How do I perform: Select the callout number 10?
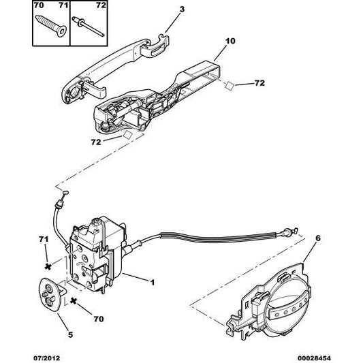[230, 41]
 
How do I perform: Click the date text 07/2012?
[44, 356]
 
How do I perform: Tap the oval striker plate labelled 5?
[48, 293]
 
